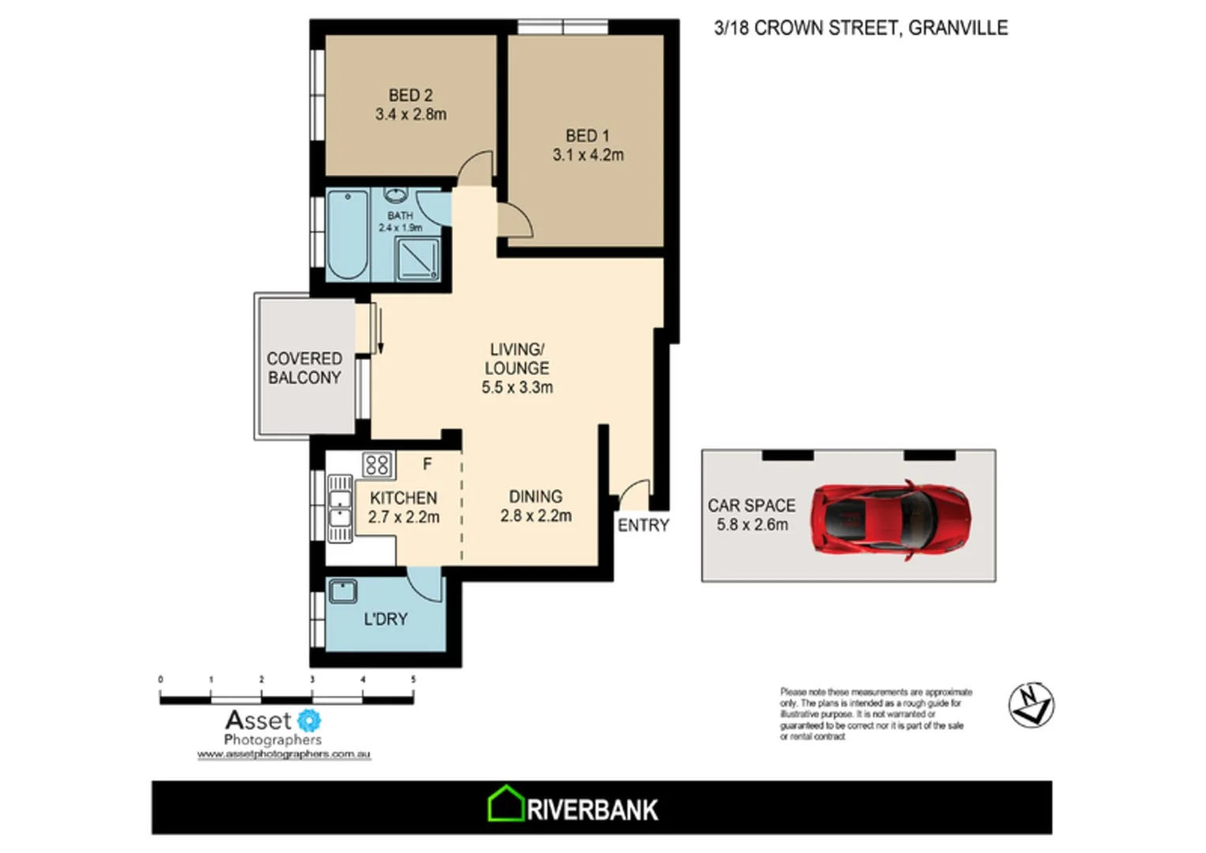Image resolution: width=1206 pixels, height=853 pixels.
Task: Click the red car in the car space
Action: (x=891, y=520)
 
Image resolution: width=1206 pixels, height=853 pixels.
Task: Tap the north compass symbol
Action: (x=1031, y=705)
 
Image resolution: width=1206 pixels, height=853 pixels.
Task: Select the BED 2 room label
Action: (x=410, y=95)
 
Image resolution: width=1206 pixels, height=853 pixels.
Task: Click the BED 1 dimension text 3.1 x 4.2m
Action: (x=588, y=156)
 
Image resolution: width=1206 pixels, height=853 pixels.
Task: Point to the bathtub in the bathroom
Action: (x=347, y=234)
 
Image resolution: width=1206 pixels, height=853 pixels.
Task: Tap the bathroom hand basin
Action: (x=395, y=195)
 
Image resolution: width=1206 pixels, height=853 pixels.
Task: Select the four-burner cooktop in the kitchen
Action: (x=377, y=464)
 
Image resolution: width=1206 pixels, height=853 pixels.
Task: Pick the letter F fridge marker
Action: (x=427, y=464)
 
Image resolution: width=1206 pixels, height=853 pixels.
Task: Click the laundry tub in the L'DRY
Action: (x=343, y=592)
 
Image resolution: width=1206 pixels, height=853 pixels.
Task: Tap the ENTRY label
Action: (x=643, y=525)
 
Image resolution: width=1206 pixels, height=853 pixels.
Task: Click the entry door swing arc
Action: (x=633, y=494)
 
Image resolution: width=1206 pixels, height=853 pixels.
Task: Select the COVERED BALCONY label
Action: (x=304, y=368)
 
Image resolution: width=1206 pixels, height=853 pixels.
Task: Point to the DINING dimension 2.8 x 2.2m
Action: (x=536, y=517)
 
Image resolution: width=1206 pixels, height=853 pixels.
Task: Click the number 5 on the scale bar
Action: (x=413, y=679)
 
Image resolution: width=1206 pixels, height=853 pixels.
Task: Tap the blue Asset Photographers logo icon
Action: (x=309, y=720)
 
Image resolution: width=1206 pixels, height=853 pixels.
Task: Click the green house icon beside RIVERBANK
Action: (x=505, y=805)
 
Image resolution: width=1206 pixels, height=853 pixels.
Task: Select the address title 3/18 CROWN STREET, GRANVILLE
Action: (x=860, y=28)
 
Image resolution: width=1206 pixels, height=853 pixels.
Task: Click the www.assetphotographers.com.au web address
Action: (x=283, y=754)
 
